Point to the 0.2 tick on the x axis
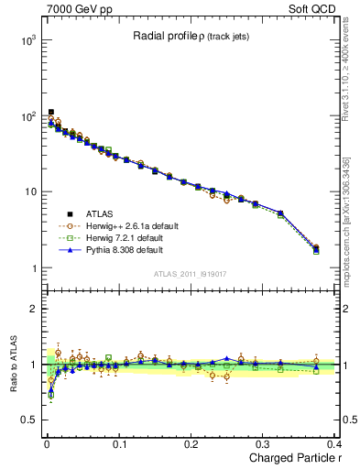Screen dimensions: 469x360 point(191,443)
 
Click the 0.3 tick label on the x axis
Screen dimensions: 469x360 point(264,443)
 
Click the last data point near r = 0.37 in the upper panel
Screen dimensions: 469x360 point(316,248)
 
